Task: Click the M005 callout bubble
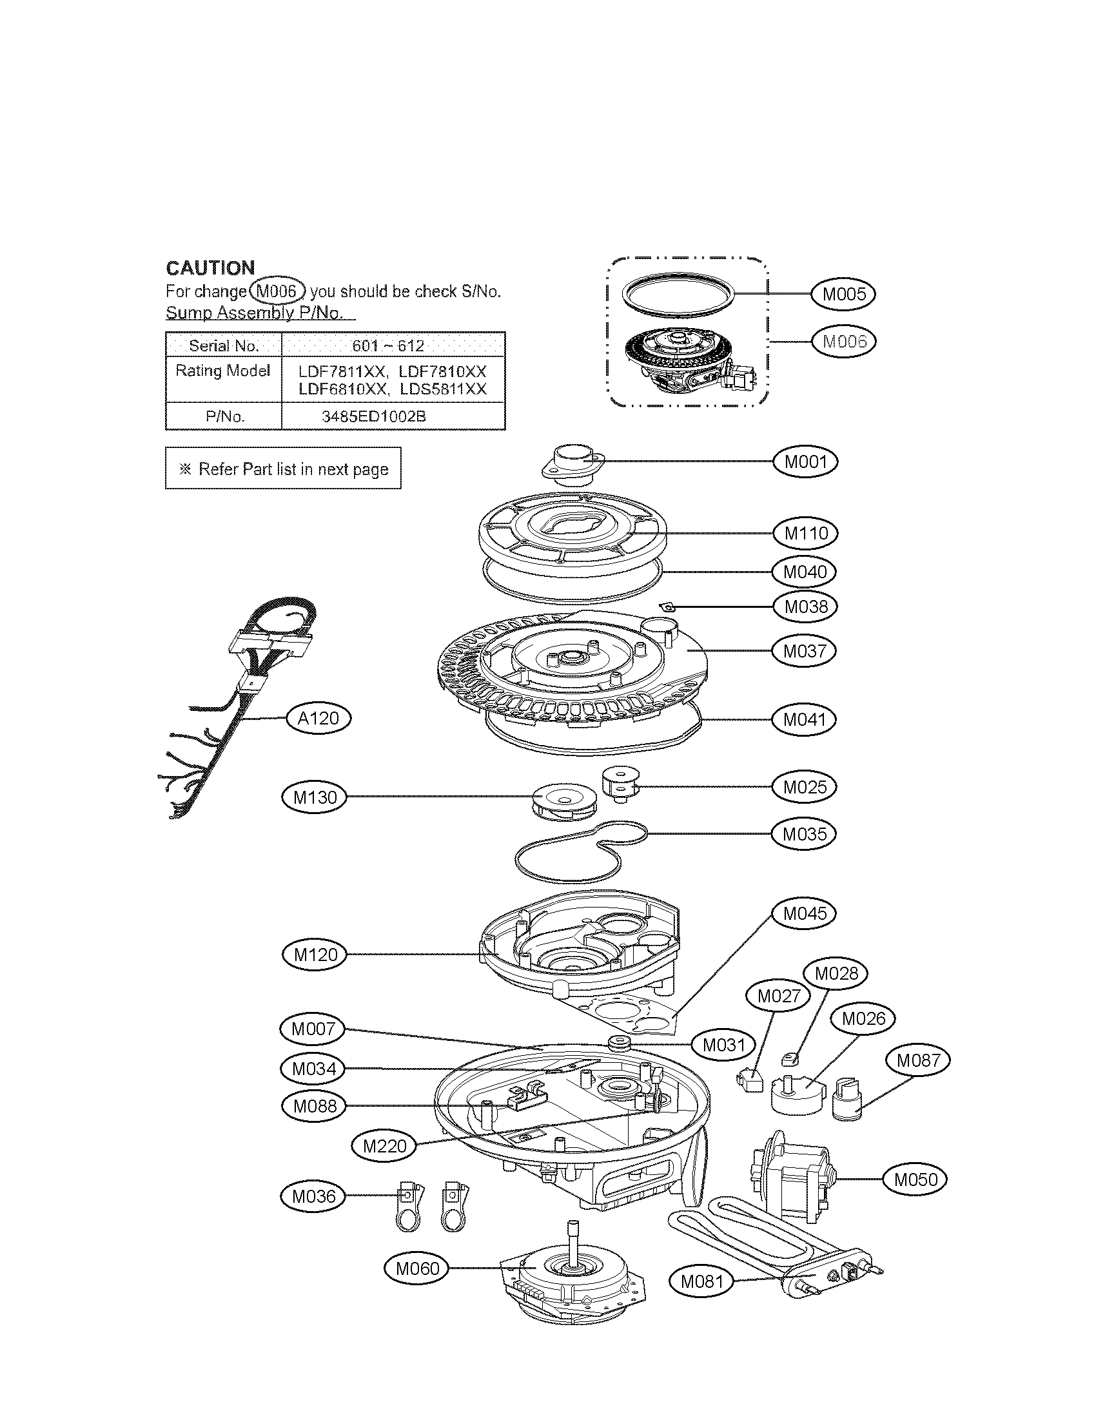843,294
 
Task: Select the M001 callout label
805,461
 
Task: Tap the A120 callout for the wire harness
318,718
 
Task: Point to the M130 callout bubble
314,797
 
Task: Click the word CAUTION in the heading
210,267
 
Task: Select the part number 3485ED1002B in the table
374,416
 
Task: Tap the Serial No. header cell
223,345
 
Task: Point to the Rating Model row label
222,371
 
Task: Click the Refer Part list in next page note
283,469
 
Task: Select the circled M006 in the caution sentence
277,291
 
